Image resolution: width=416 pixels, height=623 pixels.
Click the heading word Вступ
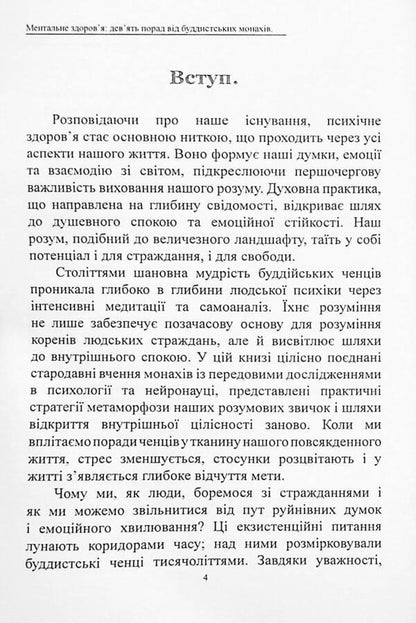pyautogui.click(x=208, y=82)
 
